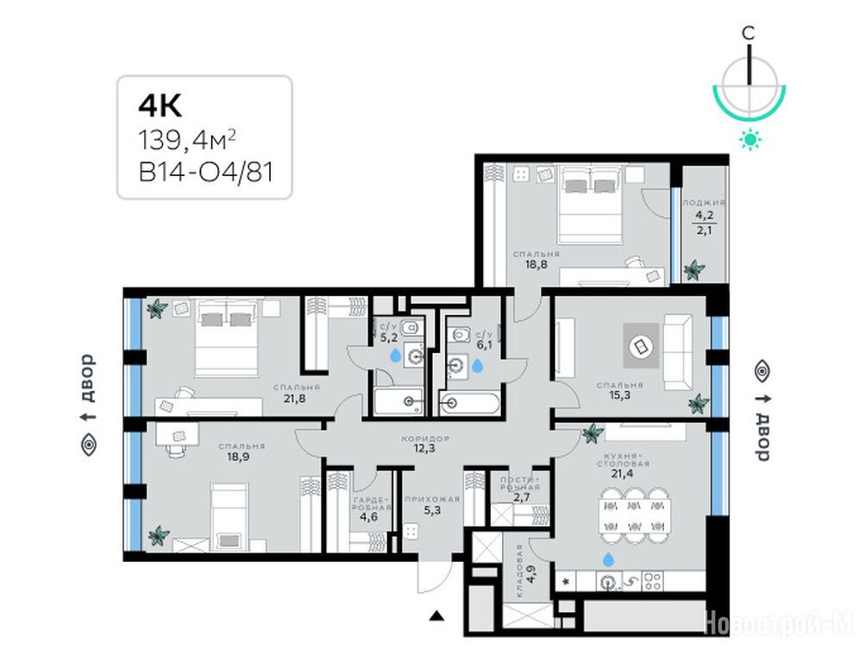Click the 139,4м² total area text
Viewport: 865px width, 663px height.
(x=187, y=140)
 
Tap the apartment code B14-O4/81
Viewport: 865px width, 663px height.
(x=206, y=173)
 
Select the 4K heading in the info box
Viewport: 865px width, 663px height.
(x=160, y=106)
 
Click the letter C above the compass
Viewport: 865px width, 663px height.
(x=748, y=33)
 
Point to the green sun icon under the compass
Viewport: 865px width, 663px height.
(x=749, y=139)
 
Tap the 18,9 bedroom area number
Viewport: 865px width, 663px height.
(x=238, y=457)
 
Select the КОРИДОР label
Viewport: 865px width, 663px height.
(x=425, y=439)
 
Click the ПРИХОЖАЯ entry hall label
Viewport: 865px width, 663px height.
(x=432, y=500)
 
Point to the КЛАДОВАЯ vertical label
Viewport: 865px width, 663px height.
(x=520, y=571)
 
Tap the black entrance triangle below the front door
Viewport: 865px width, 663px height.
(x=437, y=616)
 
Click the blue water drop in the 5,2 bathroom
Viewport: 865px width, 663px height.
(x=396, y=355)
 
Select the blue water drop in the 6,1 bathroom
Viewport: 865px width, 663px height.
(x=477, y=364)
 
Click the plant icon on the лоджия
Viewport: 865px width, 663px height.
(x=694, y=270)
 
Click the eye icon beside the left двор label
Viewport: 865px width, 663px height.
(x=89, y=445)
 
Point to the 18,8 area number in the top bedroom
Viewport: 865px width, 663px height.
(x=536, y=264)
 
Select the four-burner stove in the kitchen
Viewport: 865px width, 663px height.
(x=653, y=581)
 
